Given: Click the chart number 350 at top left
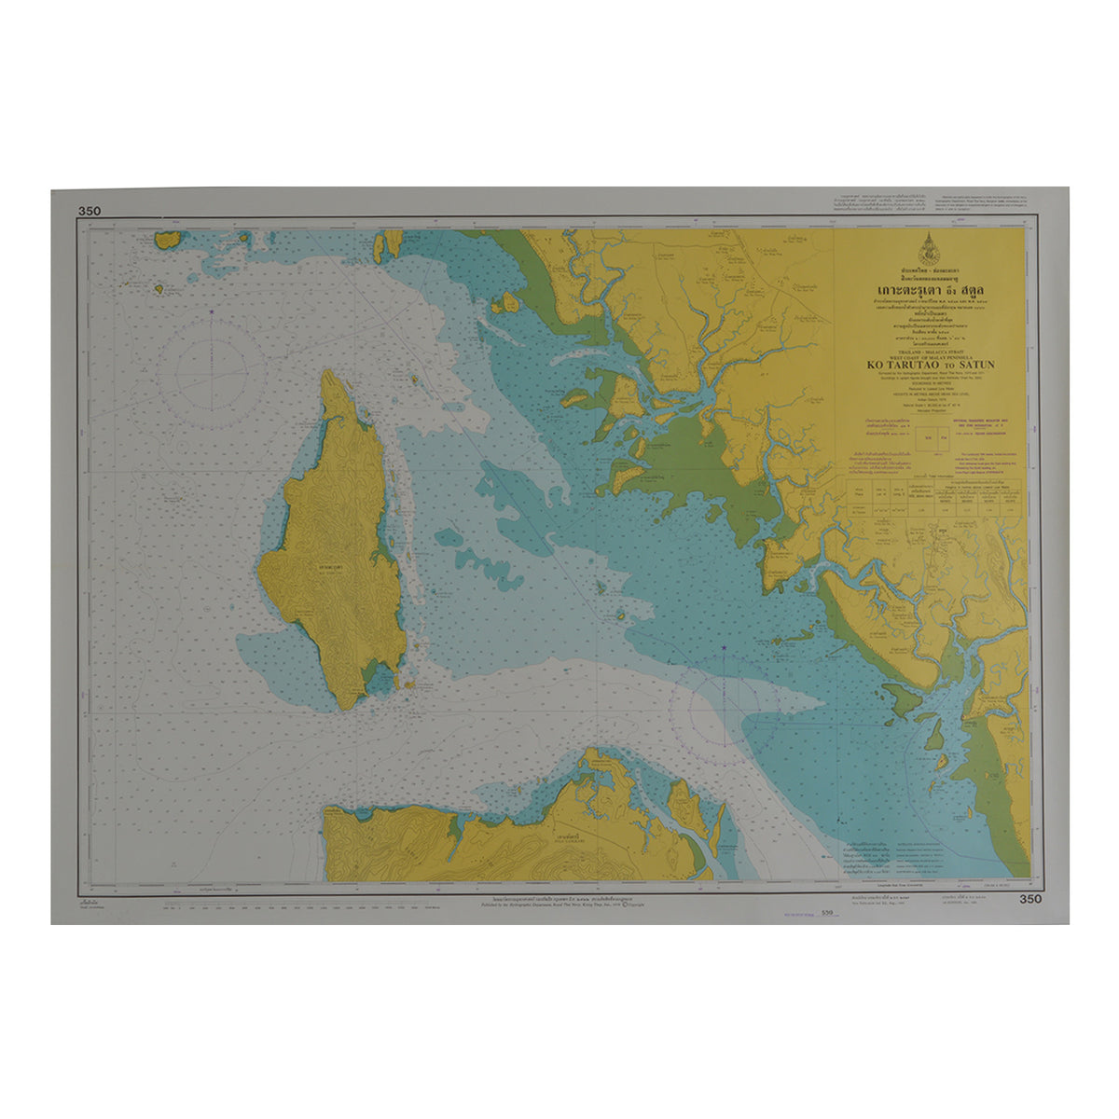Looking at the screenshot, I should coord(90,212).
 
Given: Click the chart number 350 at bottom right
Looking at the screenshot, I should coord(1030,899).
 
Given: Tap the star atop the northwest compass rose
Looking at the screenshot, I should coord(212,311).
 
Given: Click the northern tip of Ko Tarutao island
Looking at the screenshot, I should coord(329,372).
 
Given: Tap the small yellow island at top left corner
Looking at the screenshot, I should coord(168,240).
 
